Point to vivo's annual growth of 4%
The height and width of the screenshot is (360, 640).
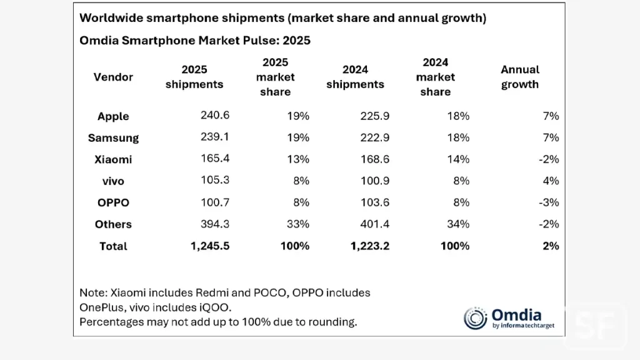[x=551, y=181]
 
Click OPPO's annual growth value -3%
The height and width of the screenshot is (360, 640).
[x=548, y=202]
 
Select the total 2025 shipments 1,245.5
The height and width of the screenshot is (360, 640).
[x=209, y=246]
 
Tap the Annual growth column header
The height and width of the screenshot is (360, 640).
[x=520, y=77]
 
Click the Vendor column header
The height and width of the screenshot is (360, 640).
[x=113, y=77]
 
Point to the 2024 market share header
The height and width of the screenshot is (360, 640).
[x=435, y=77]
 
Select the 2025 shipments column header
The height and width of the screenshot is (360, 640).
[x=194, y=77]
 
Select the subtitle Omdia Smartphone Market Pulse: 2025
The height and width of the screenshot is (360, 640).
[x=195, y=41]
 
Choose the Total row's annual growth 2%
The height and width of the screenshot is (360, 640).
[x=551, y=246]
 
